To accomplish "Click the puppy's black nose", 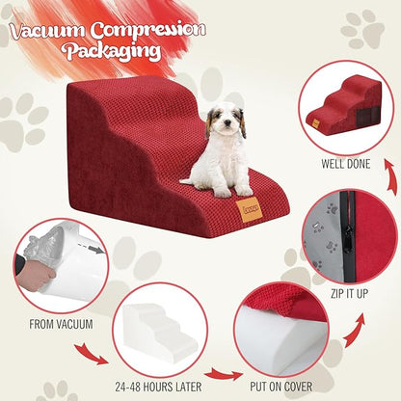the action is pyautogui.click(x=227, y=122).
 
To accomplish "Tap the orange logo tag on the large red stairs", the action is pyautogui.click(x=250, y=209).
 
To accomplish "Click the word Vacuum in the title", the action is pyautogui.click(x=47, y=31).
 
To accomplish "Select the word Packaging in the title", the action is pyautogui.click(x=112, y=51).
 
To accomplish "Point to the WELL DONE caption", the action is pyautogui.click(x=346, y=164).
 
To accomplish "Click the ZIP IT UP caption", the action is pyautogui.click(x=349, y=293).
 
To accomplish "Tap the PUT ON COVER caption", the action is pyautogui.click(x=281, y=387).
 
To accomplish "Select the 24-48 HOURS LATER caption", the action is pyautogui.click(x=158, y=387).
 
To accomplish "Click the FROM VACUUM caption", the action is pyautogui.click(x=61, y=324).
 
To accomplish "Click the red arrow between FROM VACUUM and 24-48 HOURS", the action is pyautogui.click(x=91, y=354).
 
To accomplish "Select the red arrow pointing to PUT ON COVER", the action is pyautogui.click(x=224, y=375).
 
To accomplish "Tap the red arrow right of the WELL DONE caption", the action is pyautogui.click(x=390, y=176).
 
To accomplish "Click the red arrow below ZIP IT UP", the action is pyautogui.click(x=356, y=330).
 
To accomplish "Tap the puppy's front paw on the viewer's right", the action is pyautogui.click(x=243, y=191).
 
